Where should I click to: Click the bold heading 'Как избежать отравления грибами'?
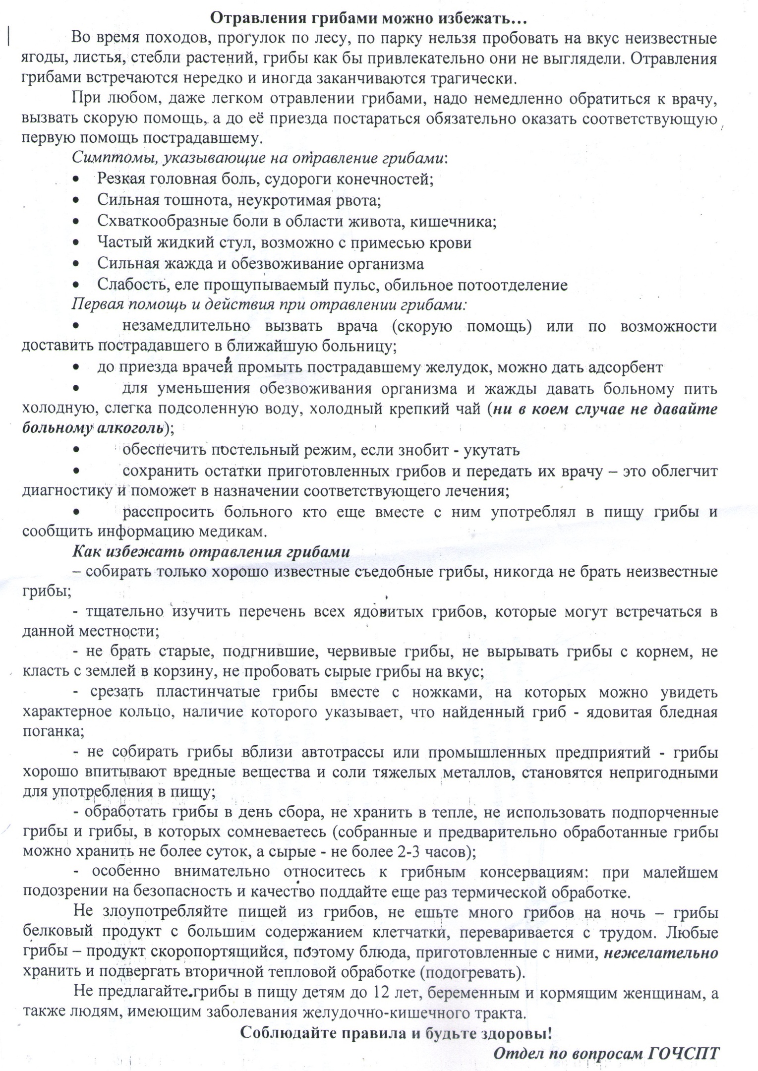coord(212,552)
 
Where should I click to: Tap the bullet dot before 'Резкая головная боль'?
coord(76,178)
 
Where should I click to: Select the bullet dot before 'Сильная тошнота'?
coord(76,200)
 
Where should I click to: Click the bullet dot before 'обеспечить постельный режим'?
coord(76,450)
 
